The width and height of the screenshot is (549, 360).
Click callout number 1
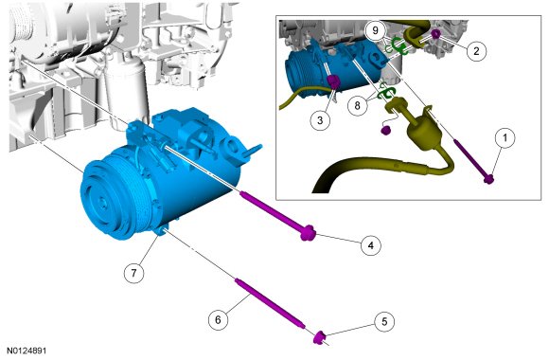tap(505, 138)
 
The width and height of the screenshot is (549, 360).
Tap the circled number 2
tap(476, 51)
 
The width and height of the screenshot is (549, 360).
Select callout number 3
tap(320, 120)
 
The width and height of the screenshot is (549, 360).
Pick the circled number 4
tap(371, 245)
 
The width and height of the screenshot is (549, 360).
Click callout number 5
tap(384, 321)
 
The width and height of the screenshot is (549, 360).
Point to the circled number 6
tap(218, 319)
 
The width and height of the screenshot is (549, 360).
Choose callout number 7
tap(134, 272)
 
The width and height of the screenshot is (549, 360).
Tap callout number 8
tap(358, 105)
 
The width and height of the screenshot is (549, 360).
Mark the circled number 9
tap(376, 30)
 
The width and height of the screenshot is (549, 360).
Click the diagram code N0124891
tap(27, 351)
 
